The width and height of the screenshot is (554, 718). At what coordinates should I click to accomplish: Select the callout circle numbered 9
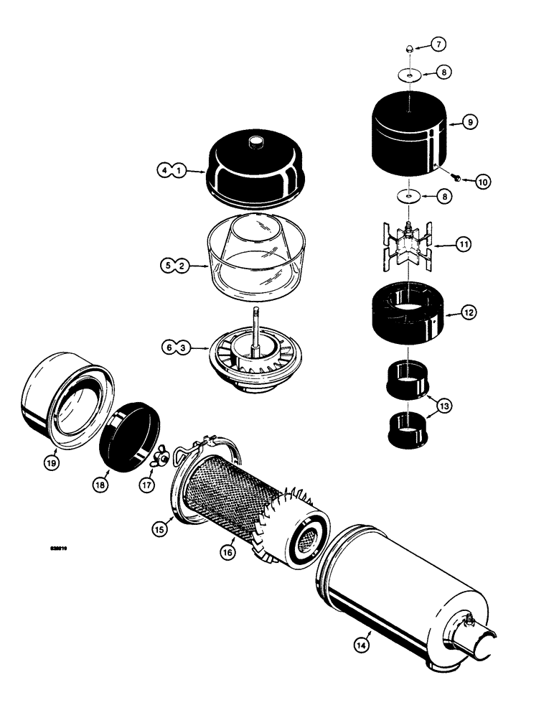(469, 123)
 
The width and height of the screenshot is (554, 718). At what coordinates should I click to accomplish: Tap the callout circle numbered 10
(482, 182)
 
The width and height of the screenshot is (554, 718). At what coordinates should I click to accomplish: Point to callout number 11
(464, 245)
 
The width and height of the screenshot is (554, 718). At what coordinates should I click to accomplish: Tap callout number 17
(148, 485)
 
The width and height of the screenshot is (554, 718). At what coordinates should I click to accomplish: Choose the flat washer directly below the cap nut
(408, 74)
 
